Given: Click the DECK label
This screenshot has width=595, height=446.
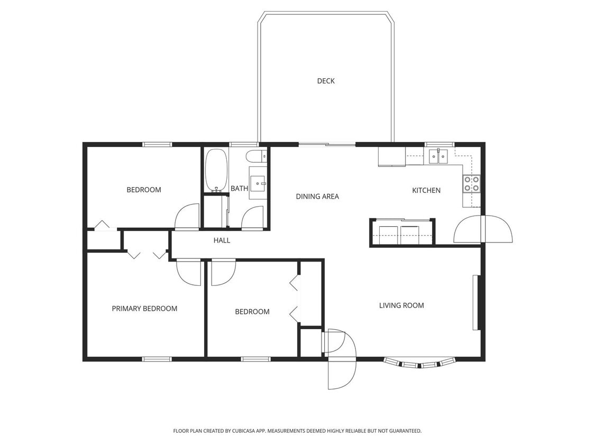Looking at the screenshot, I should click(326, 81).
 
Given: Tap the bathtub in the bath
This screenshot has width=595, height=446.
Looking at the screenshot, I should click(216, 170).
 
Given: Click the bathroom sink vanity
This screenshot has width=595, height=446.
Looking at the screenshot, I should click(258, 183).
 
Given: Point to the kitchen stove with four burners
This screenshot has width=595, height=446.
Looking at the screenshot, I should click(472, 183).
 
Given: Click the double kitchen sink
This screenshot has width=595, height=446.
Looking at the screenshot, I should click(438, 156).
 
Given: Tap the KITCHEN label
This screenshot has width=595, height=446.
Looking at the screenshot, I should click(426, 190).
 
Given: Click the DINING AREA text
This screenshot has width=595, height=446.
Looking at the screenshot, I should click(317, 197).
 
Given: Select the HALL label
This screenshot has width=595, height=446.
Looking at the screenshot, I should click(222, 240).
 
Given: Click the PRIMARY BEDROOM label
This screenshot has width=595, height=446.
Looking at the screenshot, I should click(144, 309).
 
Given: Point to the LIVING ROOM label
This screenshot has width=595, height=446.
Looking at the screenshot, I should click(401, 305).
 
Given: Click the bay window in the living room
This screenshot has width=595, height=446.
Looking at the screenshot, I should click(419, 363).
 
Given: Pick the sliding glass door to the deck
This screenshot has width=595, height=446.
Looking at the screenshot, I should click(327, 144).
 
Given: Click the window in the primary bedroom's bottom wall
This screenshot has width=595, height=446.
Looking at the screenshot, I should click(157, 359).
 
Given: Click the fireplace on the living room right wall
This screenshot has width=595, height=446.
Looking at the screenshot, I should click(477, 302).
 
